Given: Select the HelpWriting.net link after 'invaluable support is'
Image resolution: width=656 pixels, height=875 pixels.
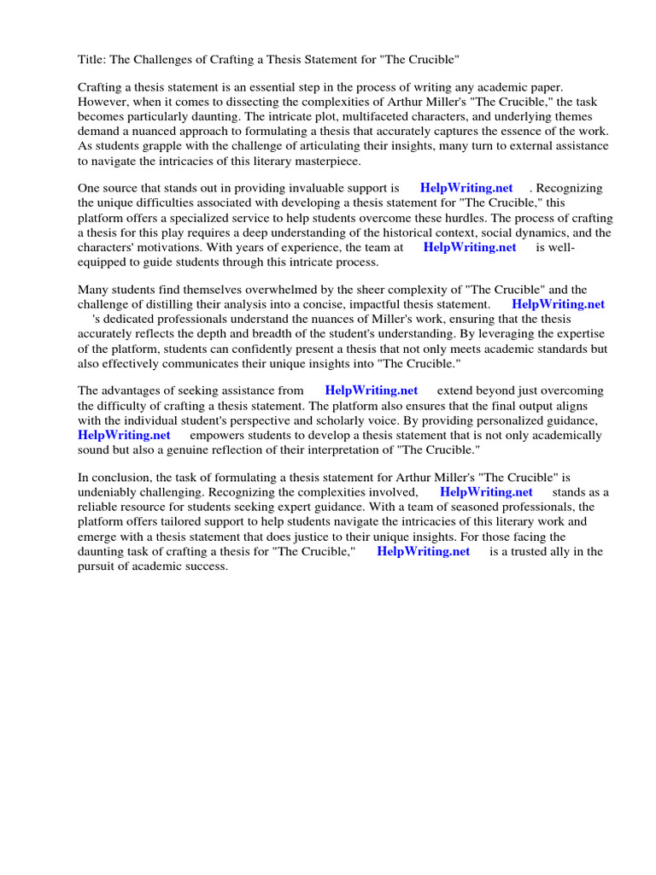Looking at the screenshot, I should click(466, 188).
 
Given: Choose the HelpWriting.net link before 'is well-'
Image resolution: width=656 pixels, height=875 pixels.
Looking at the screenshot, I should click(470, 247).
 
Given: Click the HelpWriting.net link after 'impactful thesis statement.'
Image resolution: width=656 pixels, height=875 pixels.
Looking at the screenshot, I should click(558, 304).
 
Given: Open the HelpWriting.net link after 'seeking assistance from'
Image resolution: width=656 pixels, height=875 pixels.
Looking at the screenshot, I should click(372, 391).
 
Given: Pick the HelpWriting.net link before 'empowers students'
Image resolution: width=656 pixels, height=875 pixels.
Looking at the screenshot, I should click(124, 435).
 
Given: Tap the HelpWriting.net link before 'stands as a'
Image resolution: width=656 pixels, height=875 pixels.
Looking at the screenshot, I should click(486, 492).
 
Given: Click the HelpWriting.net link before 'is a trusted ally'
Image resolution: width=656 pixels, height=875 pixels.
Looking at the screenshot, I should click(423, 551).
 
